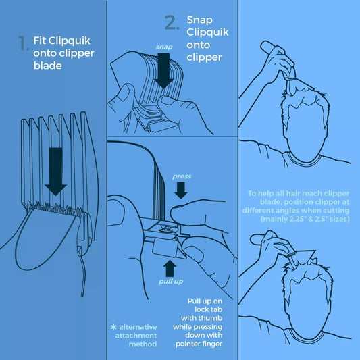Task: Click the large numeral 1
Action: coord(24,43)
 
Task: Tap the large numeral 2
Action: coord(172,22)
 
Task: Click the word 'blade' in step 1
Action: coord(48,66)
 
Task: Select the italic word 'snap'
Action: coord(164,47)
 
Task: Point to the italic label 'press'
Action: coord(182,176)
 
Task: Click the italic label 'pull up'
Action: coord(171,282)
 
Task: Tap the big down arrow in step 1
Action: coord(56,172)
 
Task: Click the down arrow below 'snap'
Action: coord(163,71)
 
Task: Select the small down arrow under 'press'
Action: coord(181,190)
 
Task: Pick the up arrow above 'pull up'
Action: coord(170,268)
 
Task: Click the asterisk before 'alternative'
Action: coord(113,327)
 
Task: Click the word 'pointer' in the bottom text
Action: coord(188,344)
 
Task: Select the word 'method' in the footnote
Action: coord(143,344)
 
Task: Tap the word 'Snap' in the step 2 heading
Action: coord(199,20)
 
